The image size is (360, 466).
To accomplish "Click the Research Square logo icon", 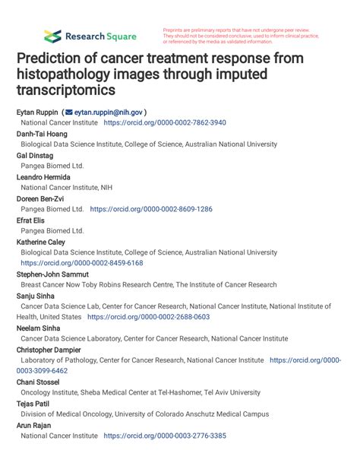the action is tap(52, 36).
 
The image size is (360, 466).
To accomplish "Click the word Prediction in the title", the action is tap(51, 59).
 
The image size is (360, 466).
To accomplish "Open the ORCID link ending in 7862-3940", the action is tap(165, 122).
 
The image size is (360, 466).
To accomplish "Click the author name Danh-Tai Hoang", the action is tap(42, 133).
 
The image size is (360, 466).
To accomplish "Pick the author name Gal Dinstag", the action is tap(35, 154).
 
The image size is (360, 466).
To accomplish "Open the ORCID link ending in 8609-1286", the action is tap(151, 208).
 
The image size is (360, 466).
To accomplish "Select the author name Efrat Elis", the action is tap(33, 220).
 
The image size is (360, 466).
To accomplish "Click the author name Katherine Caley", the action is tap(43, 241).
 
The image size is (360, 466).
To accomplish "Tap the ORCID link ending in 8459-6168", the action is tap(81, 263).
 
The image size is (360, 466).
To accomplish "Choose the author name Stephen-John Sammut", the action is tap(53, 274).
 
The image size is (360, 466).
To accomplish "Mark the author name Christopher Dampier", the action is tap(52, 350).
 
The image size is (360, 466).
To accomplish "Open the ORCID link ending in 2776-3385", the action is tap(165, 436).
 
